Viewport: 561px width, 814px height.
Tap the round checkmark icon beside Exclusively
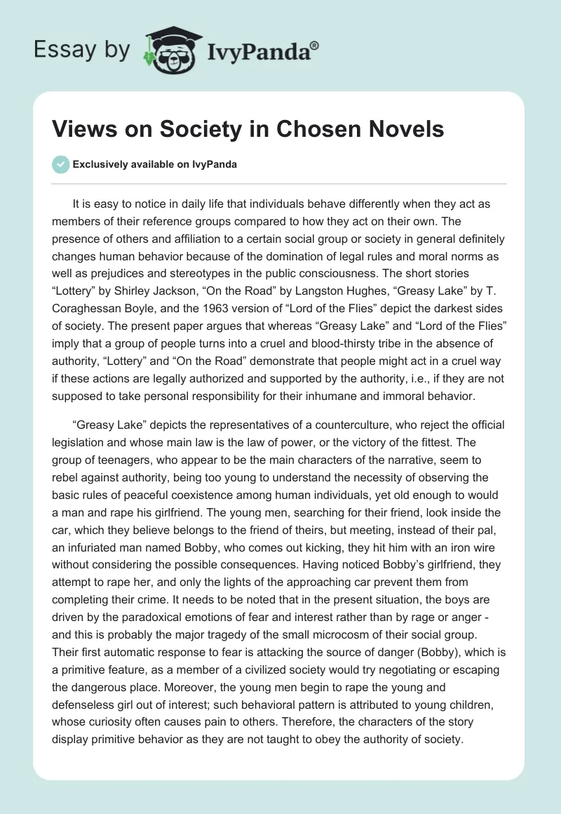pyautogui.click(x=60, y=164)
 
